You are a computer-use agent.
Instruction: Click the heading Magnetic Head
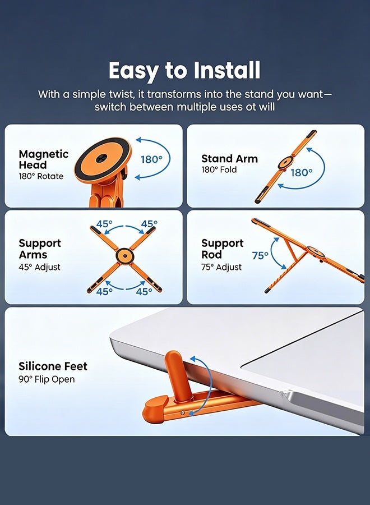pyautogui.click(x=43, y=159)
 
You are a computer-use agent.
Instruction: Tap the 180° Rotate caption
pyautogui.click(x=41, y=176)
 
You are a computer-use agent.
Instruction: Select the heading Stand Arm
pyautogui.click(x=229, y=158)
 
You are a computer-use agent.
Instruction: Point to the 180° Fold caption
pyautogui.click(x=219, y=169)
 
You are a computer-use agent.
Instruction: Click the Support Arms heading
pyautogui.click(x=40, y=249)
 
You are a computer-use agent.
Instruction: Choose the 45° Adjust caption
pyautogui.click(x=39, y=267)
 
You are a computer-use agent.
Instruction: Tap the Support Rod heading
pyautogui.click(x=223, y=249)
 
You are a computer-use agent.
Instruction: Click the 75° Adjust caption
pyautogui.click(x=221, y=267)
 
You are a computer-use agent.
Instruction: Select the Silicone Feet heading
pyautogui.click(x=53, y=366)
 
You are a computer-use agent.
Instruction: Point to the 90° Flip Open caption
pyautogui.click(x=47, y=379)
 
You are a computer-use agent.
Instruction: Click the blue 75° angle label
pyautogui.click(x=260, y=255)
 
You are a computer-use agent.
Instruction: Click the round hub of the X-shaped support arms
pyautogui.click(x=124, y=256)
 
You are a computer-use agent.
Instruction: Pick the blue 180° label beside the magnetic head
pyautogui.click(x=151, y=159)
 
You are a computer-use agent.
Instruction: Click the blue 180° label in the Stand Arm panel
pyautogui.click(x=302, y=173)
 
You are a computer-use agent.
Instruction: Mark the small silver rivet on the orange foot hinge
pyautogui.click(x=182, y=412)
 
